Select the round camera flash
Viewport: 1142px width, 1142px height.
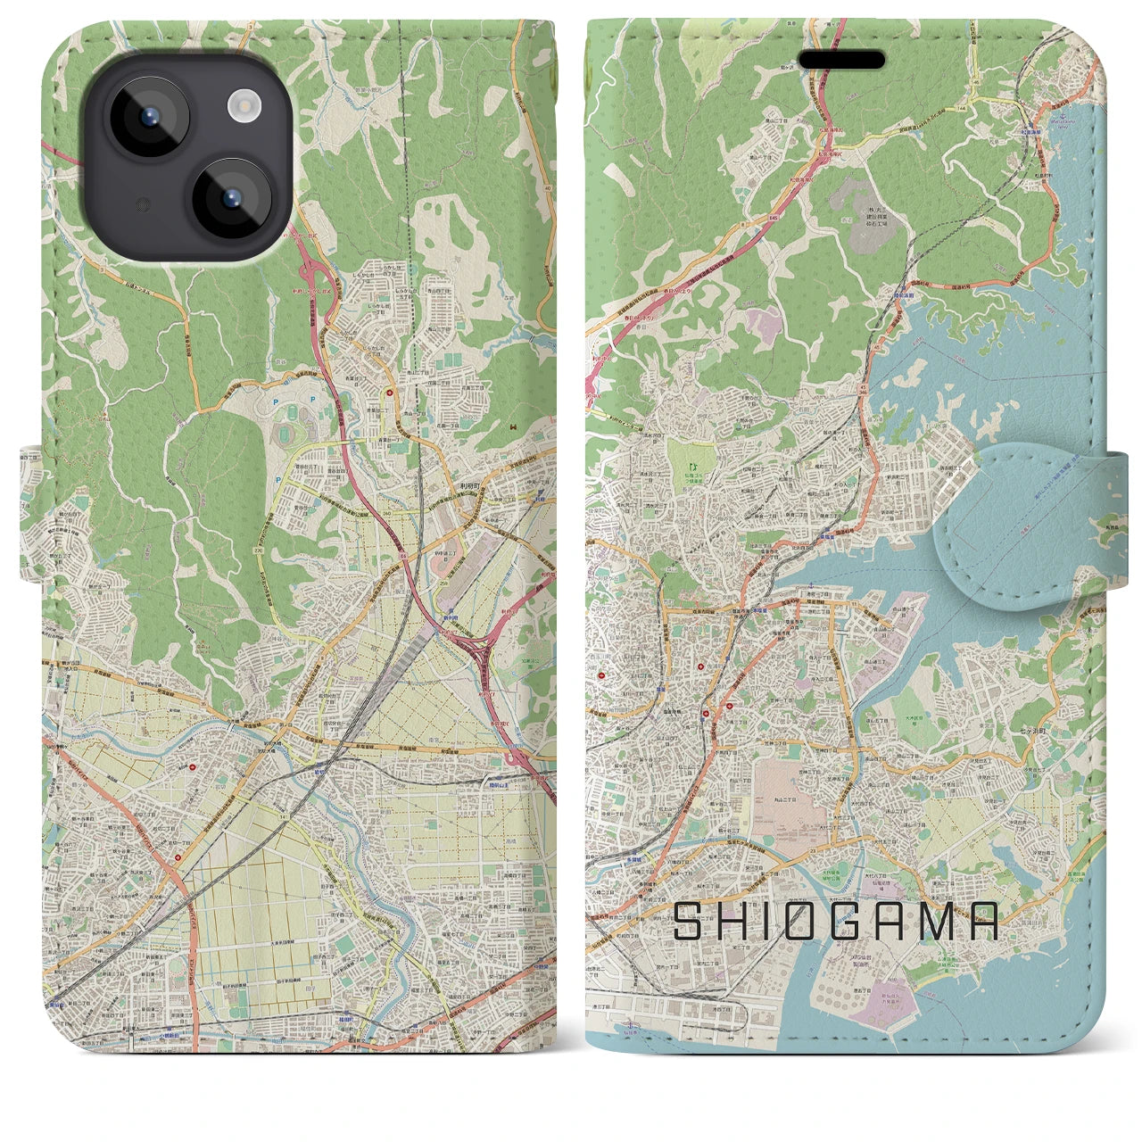tap(243, 108)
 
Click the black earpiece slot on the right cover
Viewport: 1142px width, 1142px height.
tap(841, 61)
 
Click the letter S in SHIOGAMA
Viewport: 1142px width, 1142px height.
tap(690, 922)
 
